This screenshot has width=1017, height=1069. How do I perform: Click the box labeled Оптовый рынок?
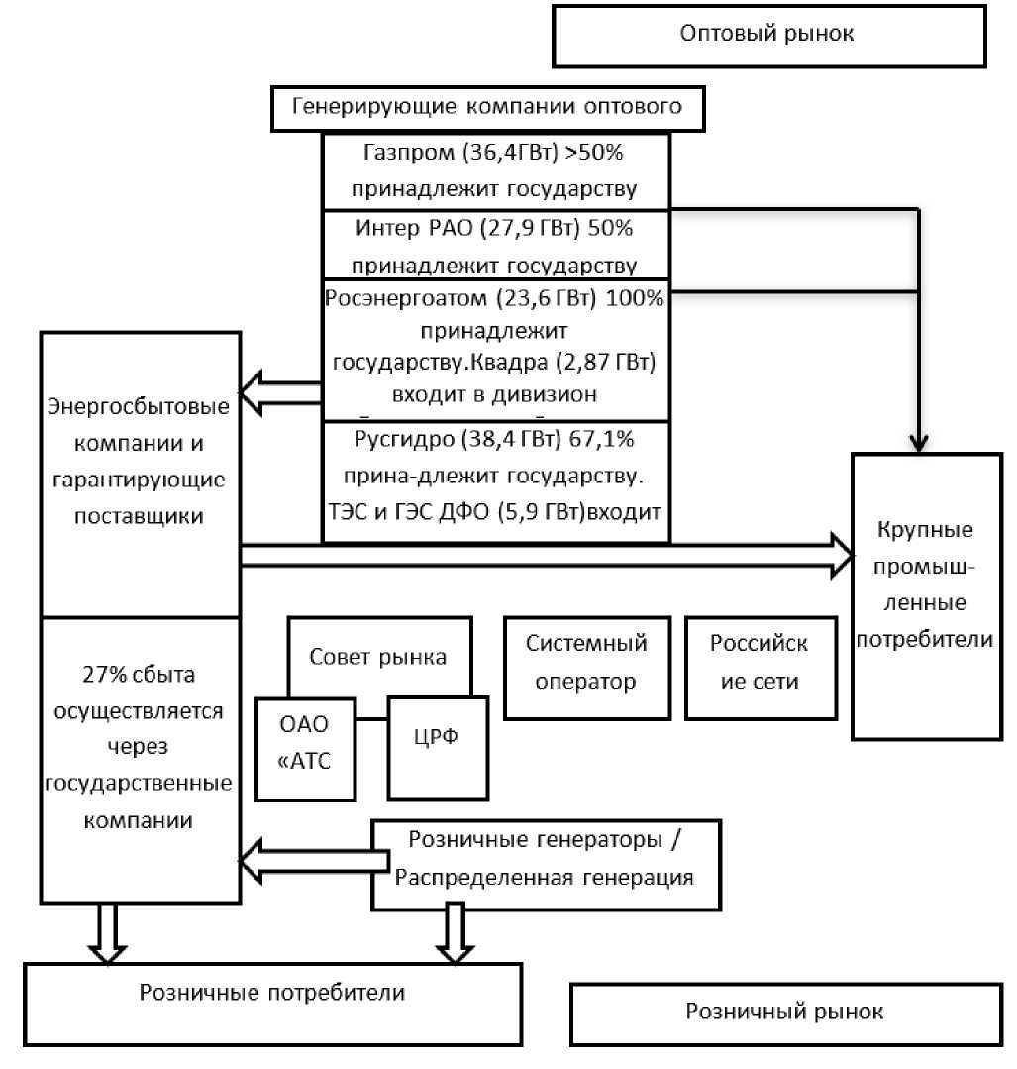(x=767, y=35)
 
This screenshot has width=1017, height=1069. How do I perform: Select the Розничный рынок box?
(x=784, y=1013)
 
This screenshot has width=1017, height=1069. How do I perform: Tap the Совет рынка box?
(x=378, y=656)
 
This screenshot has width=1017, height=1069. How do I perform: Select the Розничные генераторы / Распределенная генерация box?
(x=546, y=863)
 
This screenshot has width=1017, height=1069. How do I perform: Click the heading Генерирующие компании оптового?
(x=487, y=107)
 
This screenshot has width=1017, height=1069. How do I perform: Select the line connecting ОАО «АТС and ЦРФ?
(x=370, y=720)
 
